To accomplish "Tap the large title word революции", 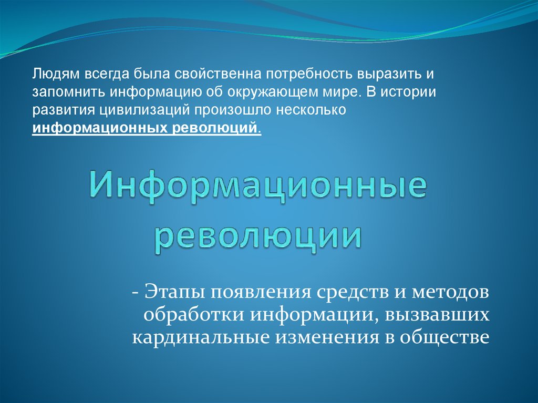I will coord(258,236).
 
